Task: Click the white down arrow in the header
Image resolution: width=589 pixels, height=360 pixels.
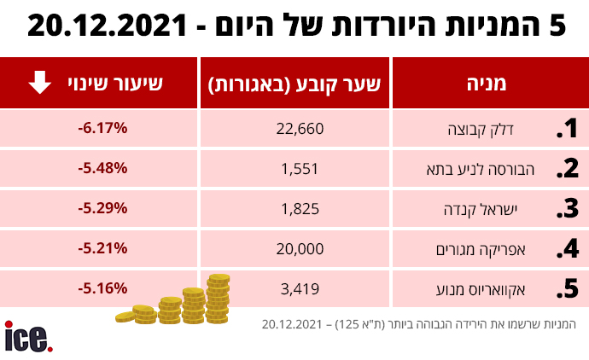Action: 39,84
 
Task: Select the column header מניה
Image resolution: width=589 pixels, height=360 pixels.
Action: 487,84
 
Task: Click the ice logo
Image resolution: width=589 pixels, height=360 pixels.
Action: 28,336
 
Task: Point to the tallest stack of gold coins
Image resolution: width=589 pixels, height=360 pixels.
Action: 219,295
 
